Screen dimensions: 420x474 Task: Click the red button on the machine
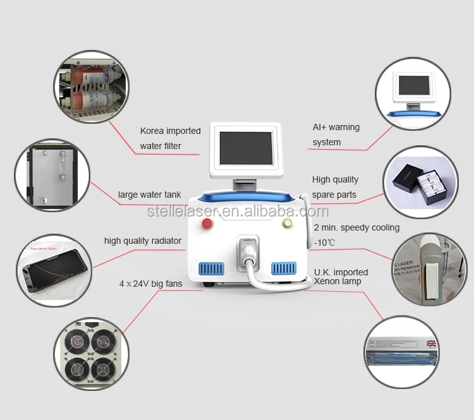(207, 224)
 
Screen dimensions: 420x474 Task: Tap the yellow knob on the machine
(288, 224)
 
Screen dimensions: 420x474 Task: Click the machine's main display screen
(245, 150)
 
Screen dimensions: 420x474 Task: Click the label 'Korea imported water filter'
(169, 138)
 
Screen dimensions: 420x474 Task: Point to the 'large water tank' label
(149, 195)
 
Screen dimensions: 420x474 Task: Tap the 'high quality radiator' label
(143, 241)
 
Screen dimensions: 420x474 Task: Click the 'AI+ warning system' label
(336, 135)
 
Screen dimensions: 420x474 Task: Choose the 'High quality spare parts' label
(335, 187)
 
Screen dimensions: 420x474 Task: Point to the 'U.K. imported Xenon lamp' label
(341, 277)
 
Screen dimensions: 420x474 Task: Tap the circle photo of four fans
(90, 354)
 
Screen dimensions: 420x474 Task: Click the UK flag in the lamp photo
(432, 344)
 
